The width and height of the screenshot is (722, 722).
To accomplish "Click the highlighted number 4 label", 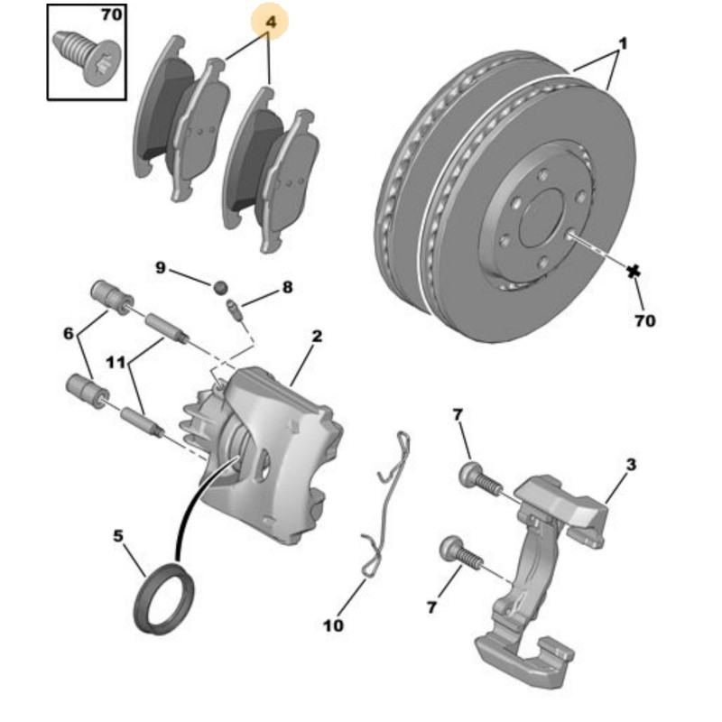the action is (271, 22).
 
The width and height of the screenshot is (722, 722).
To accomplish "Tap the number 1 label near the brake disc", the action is (623, 44).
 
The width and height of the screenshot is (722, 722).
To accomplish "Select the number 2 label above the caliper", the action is (317, 336).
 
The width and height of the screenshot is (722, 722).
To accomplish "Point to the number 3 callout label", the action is (631, 465).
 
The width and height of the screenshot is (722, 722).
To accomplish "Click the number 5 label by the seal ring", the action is (118, 536).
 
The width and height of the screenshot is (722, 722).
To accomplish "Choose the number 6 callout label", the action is (69, 333).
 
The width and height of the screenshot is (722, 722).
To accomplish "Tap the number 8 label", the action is (287, 287).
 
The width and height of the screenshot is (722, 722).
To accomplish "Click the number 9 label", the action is (161, 267).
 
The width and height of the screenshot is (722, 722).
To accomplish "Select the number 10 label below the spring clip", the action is (333, 625).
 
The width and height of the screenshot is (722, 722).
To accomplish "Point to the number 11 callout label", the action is (116, 363).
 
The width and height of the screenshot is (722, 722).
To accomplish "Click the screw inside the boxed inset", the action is (86, 57).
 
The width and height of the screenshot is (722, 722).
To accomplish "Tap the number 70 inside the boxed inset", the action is (111, 14).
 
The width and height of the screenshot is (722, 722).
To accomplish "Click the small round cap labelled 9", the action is (220, 288).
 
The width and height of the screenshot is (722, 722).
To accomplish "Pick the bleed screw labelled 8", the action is (235, 310).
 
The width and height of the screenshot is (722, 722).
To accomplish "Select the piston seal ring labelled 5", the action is (164, 598).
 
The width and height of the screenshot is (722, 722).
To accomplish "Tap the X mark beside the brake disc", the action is (634, 272).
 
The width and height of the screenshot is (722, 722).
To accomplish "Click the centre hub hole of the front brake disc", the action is (542, 218).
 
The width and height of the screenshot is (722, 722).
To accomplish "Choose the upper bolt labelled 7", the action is (479, 479).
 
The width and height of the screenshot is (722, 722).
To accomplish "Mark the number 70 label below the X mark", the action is (644, 320).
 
